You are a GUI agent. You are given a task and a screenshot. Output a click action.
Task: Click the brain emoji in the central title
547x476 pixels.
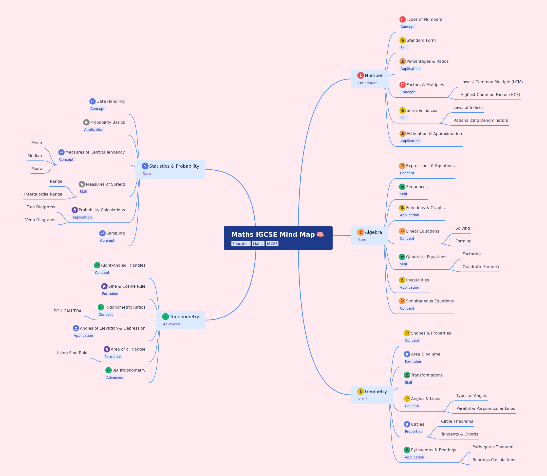(320, 235)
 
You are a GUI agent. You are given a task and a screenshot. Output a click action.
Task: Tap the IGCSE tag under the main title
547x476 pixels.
(272, 244)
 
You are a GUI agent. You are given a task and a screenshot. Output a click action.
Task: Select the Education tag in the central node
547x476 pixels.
(241, 244)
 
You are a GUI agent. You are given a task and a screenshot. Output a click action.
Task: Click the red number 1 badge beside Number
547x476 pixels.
(360, 76)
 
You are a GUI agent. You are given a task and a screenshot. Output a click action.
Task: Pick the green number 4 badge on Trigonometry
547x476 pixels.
(165, 317)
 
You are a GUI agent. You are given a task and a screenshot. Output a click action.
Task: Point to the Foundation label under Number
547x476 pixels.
(368, 83)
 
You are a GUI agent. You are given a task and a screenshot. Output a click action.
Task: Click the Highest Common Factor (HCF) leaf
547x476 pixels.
(490, 95)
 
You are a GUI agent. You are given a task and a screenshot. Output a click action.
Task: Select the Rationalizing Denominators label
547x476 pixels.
(480, 120)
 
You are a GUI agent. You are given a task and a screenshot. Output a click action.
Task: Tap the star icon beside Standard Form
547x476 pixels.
(403, 40)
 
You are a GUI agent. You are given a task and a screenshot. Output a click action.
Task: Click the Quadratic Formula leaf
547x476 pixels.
(481, 267)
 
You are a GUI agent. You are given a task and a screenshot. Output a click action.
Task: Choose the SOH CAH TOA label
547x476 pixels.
(67, 311)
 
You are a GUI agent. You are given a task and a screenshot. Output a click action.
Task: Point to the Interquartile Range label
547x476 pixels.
(43, 194)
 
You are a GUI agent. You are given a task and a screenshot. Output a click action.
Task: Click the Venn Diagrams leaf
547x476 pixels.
(40, 220)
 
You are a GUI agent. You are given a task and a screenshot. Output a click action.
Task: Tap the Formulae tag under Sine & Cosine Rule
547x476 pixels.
(110, 294)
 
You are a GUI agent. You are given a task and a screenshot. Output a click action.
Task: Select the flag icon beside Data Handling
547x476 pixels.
(92, 101)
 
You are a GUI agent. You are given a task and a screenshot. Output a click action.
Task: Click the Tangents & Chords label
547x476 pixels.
(459, 434)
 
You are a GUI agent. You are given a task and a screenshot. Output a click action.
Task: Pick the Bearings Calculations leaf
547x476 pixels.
(493, 460)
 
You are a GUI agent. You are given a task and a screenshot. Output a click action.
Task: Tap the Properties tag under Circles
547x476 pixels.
(413, 432)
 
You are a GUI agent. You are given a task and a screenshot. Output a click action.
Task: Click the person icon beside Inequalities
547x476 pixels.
(402, 280)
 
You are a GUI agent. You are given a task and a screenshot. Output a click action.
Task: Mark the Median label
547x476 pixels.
(35, 156)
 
